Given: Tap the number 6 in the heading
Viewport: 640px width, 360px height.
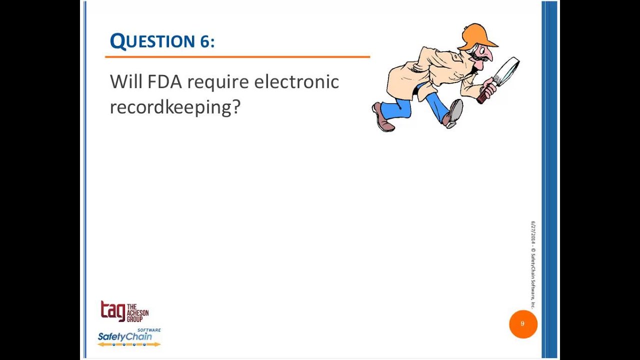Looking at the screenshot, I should tap(205, 42).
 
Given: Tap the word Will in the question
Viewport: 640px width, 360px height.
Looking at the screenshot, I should tap(125, 82).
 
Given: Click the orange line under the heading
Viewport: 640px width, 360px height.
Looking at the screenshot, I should tap(237, 57).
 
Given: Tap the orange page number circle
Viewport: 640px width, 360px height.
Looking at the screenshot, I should tap(523, 324).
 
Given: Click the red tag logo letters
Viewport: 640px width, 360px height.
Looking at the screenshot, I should tap(112, 311).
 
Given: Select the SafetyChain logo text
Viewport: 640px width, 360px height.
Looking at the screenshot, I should tap(124, 337).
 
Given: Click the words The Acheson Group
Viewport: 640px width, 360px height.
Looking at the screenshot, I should tap(137, 312).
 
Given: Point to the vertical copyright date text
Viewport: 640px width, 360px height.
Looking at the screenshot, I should tap(533, 265).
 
